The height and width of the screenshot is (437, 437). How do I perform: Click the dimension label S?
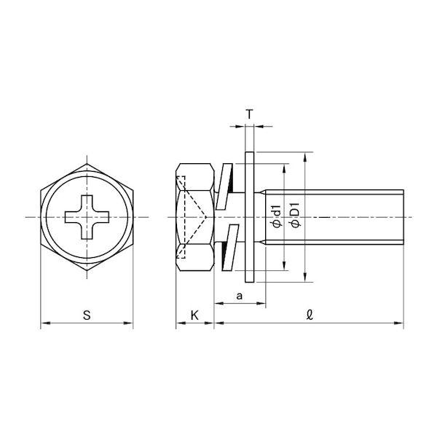point(87,315)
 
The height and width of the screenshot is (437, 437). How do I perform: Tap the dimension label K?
point(194,315)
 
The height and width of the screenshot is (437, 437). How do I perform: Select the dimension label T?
point(249,114)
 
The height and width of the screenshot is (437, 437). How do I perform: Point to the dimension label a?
point(239,296)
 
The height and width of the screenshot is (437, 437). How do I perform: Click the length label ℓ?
point(310,315)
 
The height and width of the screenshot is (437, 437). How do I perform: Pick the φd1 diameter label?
point(277,216)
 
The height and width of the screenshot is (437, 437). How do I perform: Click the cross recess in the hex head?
point(87,217)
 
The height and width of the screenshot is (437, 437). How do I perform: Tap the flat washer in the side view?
point(249,217)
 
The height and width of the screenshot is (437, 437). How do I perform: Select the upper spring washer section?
point(224,186)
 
